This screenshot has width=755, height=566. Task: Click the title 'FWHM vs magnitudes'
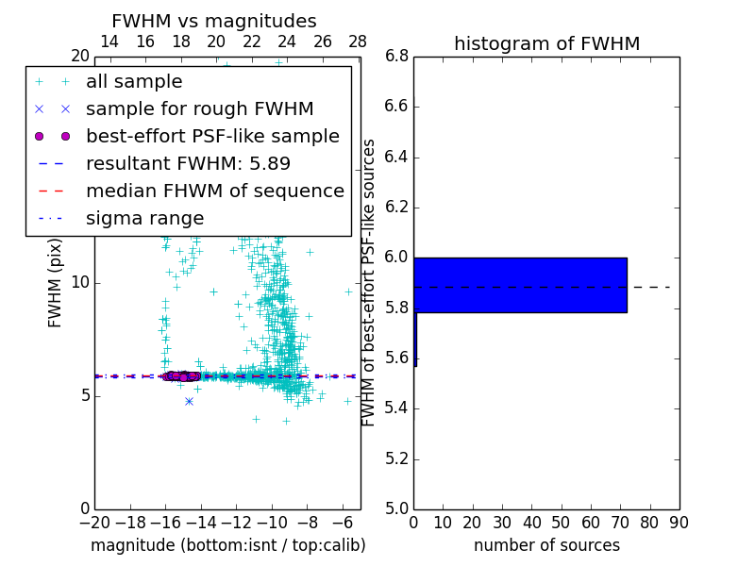pos(214,21)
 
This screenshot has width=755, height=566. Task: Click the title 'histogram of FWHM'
pos(546,43)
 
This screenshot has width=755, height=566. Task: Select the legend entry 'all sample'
pos(134,82)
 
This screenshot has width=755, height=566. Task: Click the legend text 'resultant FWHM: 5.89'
pos(188,163)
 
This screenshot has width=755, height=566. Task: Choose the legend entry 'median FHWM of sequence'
pos(214,191)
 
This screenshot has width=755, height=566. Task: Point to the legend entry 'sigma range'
pos(144,218)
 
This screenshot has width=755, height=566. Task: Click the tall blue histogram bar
pos(520,285)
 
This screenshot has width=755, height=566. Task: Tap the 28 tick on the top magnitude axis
pos(358,42)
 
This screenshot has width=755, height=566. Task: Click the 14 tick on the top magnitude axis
pos(109,42)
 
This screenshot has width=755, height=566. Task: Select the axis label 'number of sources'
pos(546,545)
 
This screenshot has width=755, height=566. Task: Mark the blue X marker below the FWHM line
pos(189,401)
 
